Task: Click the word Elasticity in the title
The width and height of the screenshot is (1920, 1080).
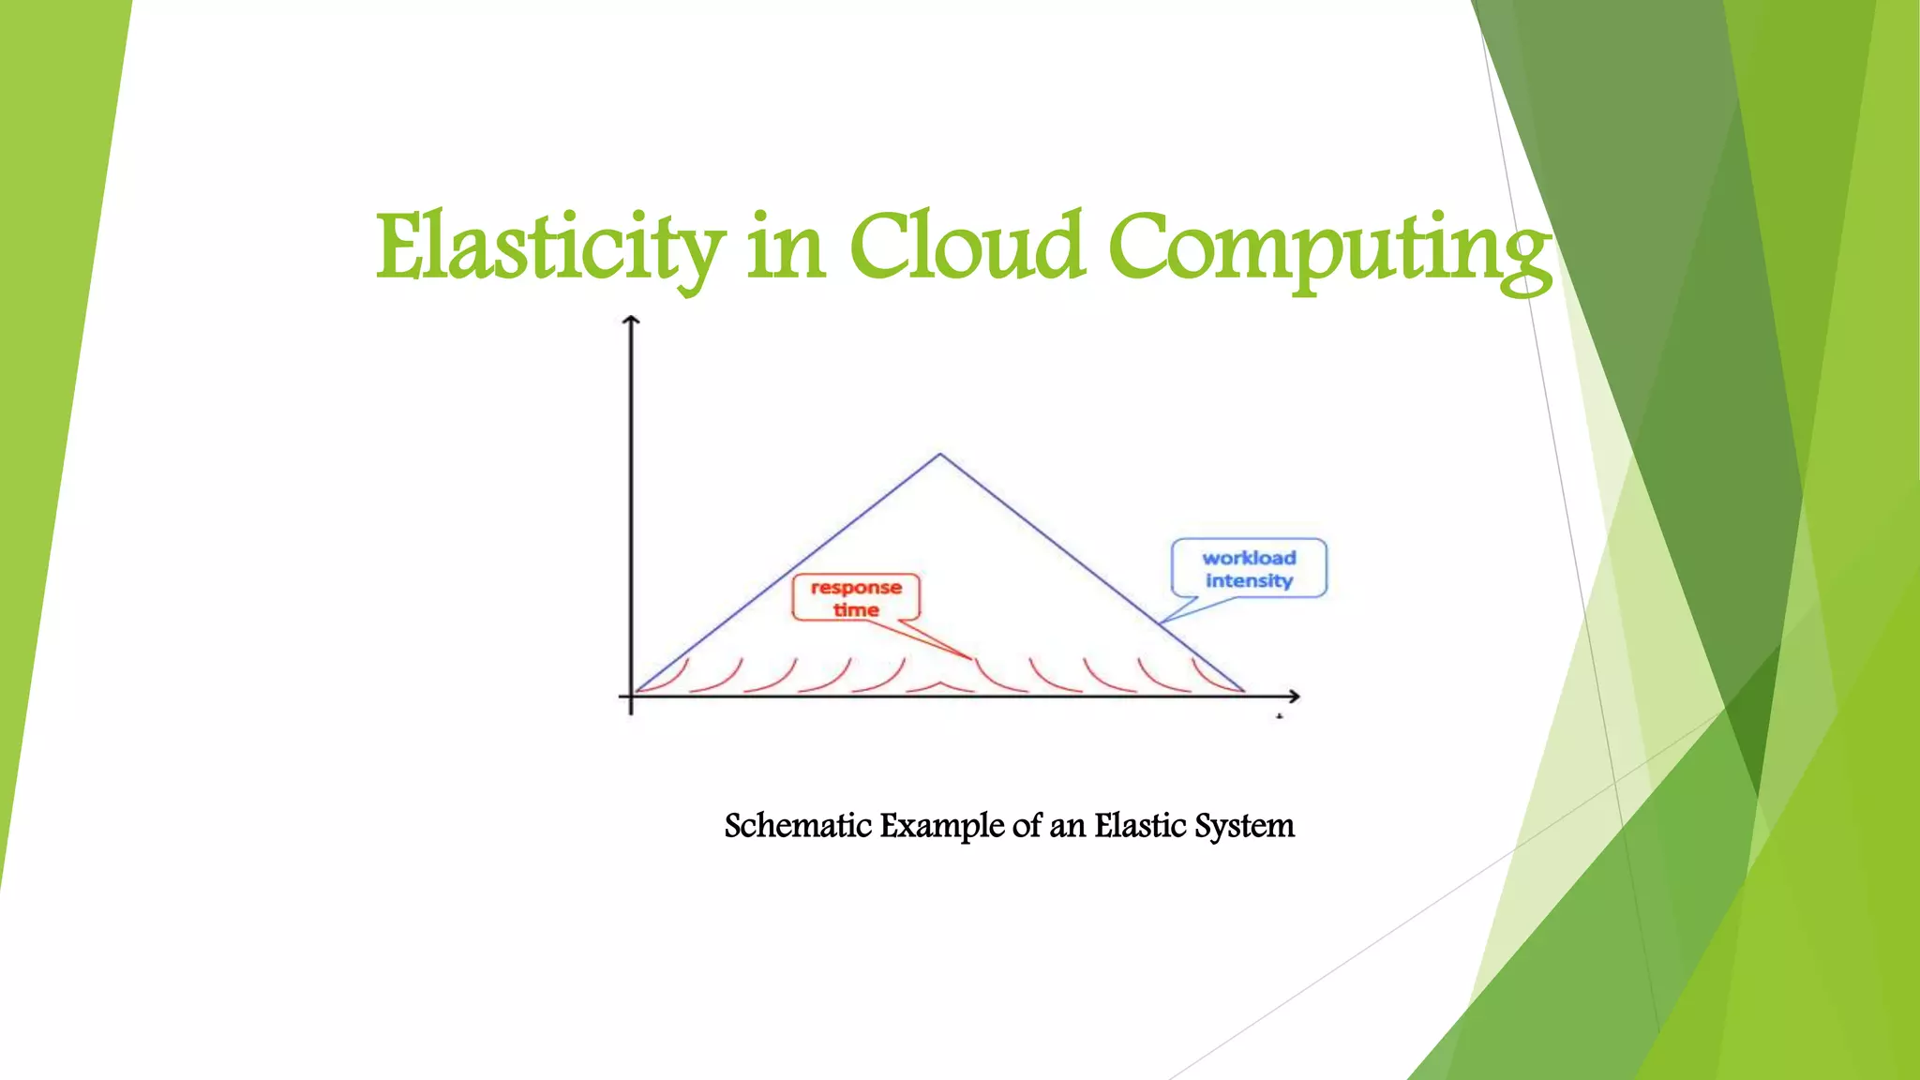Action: (x=550, y=247)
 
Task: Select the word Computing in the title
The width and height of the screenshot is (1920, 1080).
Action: (x=1328, y=247)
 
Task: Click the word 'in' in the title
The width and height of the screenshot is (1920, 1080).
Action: (x=787, y=247)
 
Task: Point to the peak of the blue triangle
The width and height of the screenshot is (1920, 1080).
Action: (x=940, y=456)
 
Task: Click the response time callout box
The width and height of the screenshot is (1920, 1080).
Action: (x=856, y=597)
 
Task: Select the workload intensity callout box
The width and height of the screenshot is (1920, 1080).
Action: (x=1249, y=568)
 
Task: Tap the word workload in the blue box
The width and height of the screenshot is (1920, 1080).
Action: (x=1249, y=558)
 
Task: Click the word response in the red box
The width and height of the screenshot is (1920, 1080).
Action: (x=856, y=588)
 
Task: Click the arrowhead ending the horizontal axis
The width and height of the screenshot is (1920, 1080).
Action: (x=1295, y=696)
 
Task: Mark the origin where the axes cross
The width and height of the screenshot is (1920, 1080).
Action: (x=631, y=696)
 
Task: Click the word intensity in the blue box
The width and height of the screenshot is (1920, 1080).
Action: (x=1249, y=581)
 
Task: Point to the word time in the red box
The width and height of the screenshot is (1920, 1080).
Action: (x=856, y=610)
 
